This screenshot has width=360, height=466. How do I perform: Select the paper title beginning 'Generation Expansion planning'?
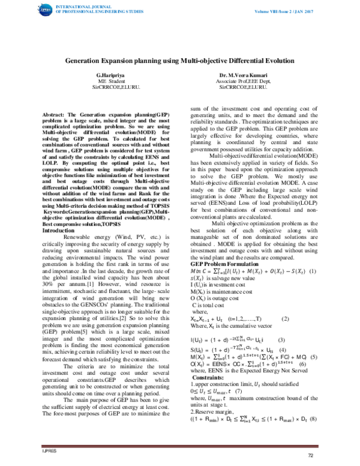click(179, 61)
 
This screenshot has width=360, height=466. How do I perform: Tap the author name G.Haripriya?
click(110, 74)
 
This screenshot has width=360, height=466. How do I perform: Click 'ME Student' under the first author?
click(111, 80)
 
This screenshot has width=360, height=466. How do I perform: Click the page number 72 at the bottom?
click(310, 456)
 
